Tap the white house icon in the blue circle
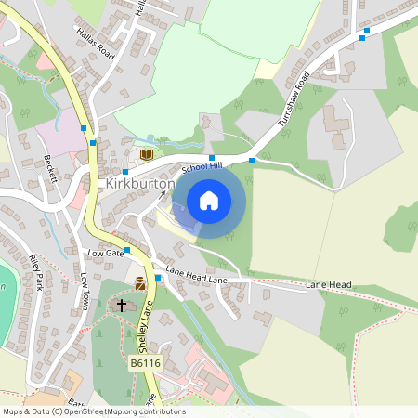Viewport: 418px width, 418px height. coord(209,200)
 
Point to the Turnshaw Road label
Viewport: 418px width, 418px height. coord(292,100)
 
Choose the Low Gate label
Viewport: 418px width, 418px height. coord(105,253)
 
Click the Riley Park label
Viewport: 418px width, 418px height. coord(36,273)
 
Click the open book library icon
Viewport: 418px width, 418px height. coord(146,154)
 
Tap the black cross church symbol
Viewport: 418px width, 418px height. coord(121,305)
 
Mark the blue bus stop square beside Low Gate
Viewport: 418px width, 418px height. coord(127,250)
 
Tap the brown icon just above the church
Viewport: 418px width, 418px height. coord(140,284)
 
